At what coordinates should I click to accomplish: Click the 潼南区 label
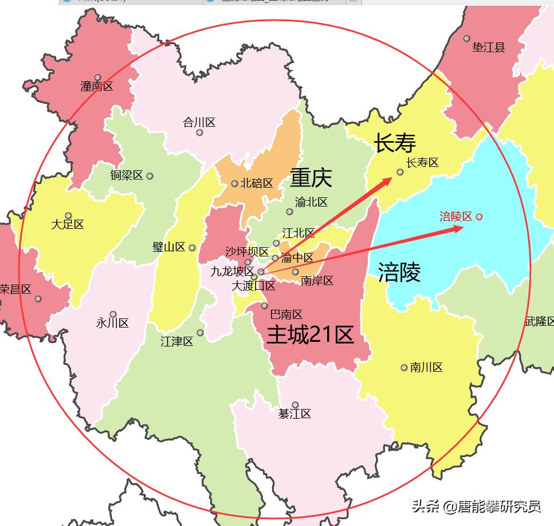(97, 87)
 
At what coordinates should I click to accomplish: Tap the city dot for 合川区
(199, 133)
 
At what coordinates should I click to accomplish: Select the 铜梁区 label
(127, 176)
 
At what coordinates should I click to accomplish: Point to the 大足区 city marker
(69, 216)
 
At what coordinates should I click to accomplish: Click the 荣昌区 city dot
(38, 298)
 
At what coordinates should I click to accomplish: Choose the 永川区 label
(112, 323)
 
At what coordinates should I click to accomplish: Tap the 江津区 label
(176, 342)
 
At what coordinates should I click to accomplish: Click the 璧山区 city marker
(192, 248)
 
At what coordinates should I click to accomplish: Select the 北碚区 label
(256, 184)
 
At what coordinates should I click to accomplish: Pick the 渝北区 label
(311, 202)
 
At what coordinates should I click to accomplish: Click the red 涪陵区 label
(456, 216)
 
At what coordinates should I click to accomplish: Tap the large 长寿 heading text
(395, 143)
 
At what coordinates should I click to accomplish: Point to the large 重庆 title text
(311, 177)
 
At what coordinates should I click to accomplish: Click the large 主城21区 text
(310, 335)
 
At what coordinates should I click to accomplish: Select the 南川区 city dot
(404, 368)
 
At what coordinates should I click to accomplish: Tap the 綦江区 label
(294, 414)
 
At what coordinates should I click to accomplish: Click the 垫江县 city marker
(466, 38)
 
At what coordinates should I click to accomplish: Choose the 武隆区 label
(540, 322)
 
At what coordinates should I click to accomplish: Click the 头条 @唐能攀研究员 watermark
(476, 506)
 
